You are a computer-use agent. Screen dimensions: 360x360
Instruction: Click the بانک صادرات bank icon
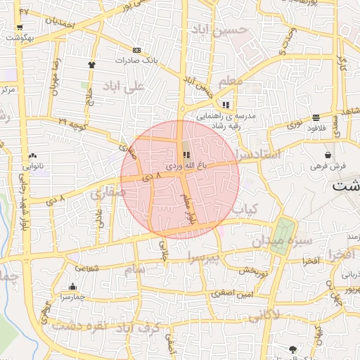136,50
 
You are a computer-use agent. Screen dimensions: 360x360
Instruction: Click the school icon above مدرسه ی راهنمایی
226,103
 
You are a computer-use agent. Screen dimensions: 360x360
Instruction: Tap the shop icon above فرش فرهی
328,155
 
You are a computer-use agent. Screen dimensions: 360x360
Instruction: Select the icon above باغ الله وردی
186,155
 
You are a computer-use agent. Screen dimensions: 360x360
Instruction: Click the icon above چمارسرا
73,286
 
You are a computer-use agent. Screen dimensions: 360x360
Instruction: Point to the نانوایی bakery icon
33,156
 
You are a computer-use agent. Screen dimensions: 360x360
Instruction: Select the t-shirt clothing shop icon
91,64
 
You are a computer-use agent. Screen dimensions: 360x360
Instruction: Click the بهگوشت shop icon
19,29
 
